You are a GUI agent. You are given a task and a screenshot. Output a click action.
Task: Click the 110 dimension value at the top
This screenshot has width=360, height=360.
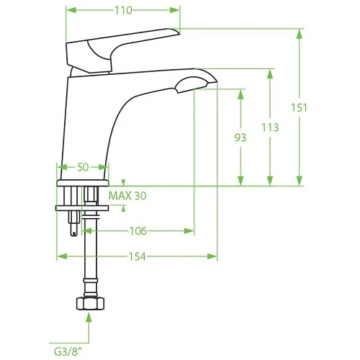pos(123,10)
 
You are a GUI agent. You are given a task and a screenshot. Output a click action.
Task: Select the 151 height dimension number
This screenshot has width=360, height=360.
pos(299,108)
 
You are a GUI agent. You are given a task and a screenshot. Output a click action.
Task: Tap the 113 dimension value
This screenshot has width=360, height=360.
pos(270,127)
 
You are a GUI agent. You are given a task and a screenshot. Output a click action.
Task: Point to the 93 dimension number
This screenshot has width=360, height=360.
pos(240,138)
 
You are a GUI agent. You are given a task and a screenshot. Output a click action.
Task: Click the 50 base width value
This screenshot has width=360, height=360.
pos(83,167)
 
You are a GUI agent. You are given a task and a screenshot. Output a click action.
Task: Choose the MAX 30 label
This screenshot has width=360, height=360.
pos(127,196)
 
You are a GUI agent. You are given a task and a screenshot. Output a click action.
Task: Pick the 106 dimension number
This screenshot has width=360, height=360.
pos(138,231)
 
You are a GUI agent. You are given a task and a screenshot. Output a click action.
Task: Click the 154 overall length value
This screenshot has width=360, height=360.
pos(138,256)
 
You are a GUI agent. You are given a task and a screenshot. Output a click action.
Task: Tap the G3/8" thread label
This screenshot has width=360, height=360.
pos(68,352)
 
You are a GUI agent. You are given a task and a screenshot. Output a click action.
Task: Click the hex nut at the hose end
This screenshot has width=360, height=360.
pos(90,303)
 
